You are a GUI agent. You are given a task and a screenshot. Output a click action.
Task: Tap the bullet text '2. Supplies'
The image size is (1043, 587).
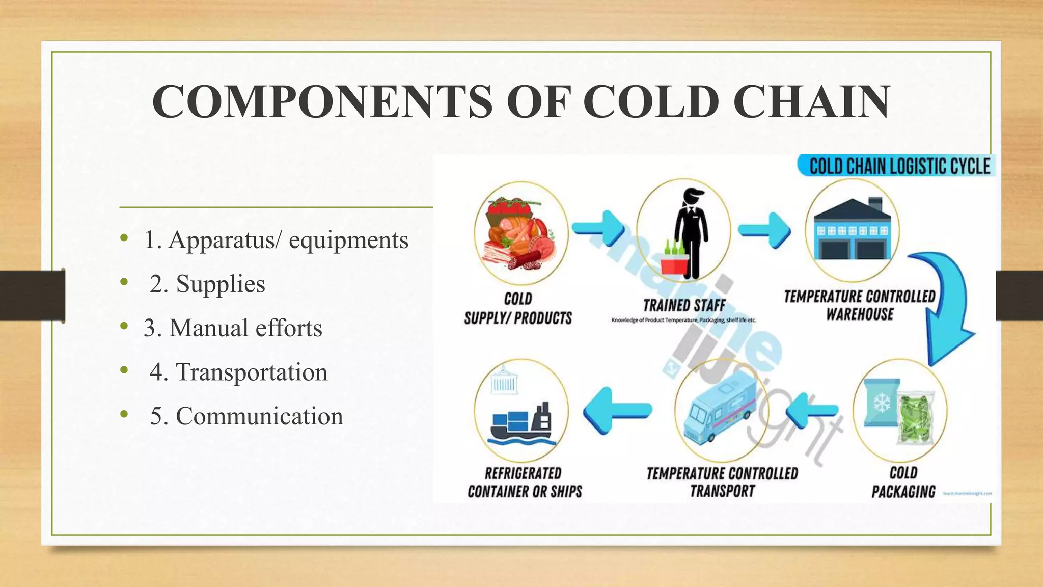coord(207,284)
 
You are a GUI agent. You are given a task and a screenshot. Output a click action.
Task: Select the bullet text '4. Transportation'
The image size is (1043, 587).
coord(238,372)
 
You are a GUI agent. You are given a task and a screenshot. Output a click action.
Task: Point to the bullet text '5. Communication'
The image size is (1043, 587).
coord(246,416)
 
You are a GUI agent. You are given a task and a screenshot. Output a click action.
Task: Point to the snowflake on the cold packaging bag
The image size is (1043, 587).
coord(882,403)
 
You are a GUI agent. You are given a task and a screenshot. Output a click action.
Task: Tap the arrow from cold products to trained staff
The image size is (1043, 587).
coord(599,228)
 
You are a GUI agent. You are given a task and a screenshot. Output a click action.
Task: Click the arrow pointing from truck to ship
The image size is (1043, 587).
coord(617,410)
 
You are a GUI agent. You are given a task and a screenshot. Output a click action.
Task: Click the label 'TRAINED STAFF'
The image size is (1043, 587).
coord(684,306)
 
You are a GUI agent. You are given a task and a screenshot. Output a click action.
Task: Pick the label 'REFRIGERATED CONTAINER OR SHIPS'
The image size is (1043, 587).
coord(525,483)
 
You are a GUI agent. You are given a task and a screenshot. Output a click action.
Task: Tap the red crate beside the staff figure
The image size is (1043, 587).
coord(673,266)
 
